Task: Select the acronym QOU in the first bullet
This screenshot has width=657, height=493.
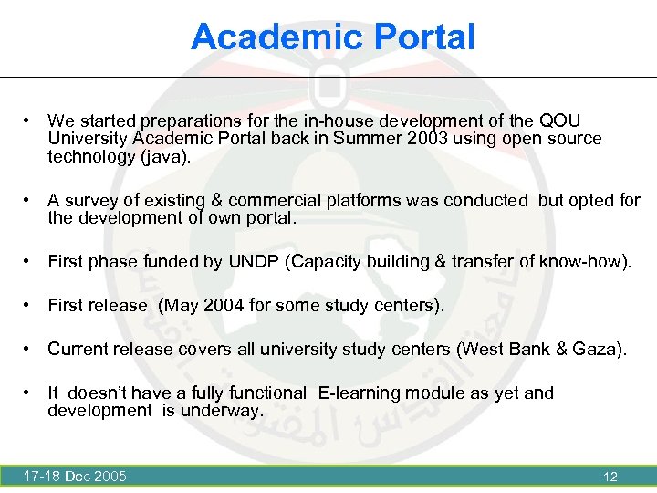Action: point(559,121)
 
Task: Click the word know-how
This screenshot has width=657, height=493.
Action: point(584,262)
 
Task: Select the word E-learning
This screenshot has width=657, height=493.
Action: point(360,393)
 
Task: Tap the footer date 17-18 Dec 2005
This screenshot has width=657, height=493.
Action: point(76,476)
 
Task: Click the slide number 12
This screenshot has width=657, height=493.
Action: point(610,477)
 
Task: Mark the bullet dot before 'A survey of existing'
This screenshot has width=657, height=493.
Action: point(30,200)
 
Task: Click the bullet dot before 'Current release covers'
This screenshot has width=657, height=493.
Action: point(30,349)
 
